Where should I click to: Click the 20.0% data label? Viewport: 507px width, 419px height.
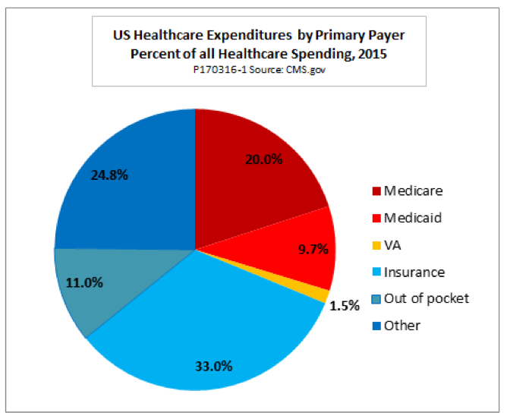[265, 160]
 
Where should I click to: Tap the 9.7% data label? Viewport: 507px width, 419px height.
[313, 247]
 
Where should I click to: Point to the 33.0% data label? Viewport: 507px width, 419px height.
[213, 365]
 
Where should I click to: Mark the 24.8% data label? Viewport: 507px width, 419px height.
[109, 175]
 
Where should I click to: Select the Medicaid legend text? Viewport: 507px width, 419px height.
[412, 218]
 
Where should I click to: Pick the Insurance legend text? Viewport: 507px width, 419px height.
[414, 272]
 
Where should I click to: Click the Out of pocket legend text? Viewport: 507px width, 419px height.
[427, 298]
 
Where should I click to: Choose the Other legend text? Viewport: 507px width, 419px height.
[402, 326]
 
